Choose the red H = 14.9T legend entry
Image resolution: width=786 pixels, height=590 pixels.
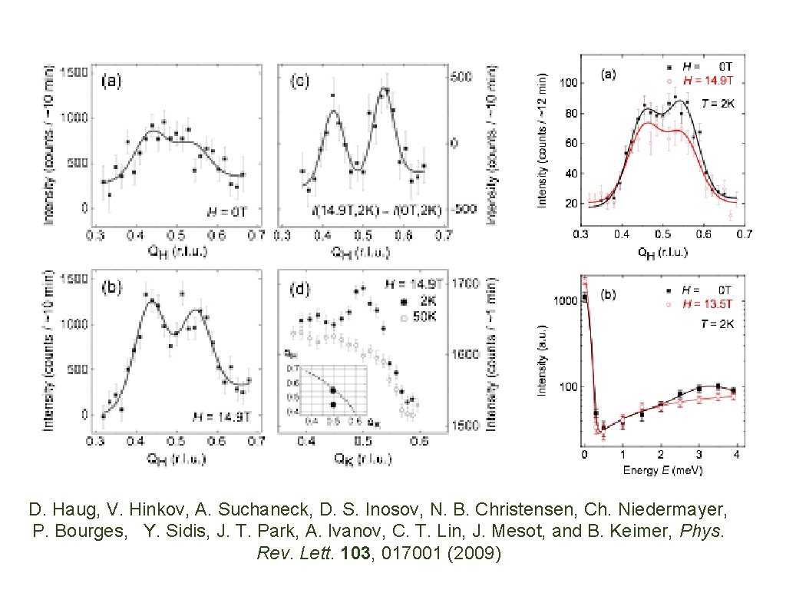click(x=701, y=79)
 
